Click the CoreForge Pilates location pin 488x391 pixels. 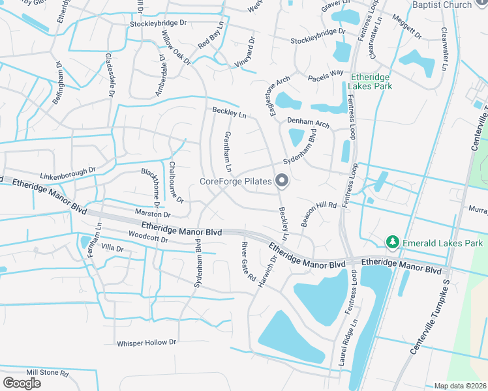pos(282,180)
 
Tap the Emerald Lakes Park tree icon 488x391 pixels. pos(392,243)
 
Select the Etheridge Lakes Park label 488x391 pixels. pos(369,81)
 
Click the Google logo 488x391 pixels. pos(22,383)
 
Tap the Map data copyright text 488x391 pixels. pos(461,386)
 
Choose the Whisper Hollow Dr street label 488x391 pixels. pos(147,343)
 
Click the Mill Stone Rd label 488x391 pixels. pos(47,373)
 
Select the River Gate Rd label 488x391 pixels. pos(248,261)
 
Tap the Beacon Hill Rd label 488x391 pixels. pos(318,213)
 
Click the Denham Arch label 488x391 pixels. pos(308,123)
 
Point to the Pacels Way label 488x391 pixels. pos(326,73)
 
